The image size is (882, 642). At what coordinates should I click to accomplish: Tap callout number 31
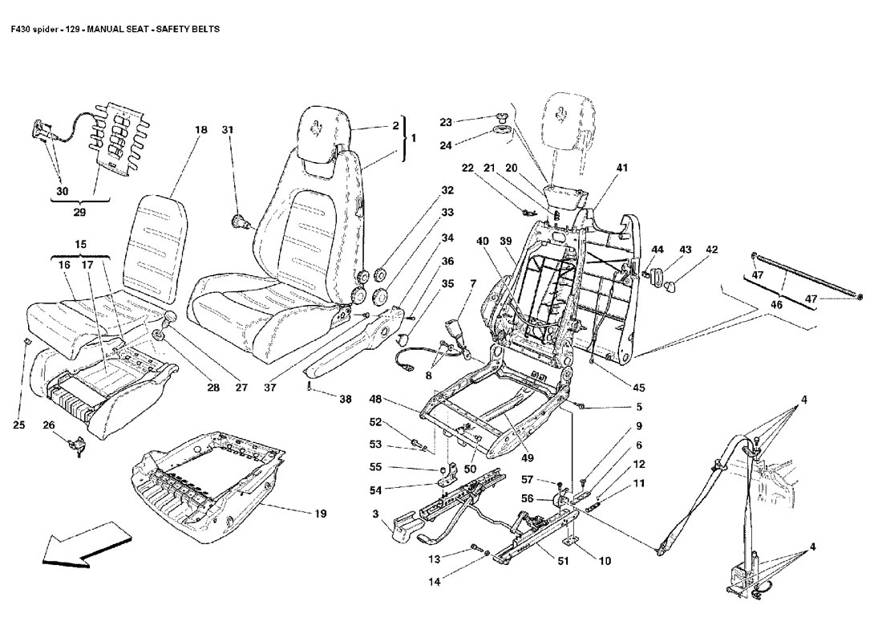228,130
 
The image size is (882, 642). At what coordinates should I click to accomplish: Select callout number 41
622,168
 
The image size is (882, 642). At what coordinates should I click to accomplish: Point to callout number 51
563,561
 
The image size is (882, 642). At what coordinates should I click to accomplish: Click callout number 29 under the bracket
79,214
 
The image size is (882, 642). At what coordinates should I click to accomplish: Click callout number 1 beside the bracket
413,138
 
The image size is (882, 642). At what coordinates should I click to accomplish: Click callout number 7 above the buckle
473,283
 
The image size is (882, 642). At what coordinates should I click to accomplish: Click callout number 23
446,122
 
